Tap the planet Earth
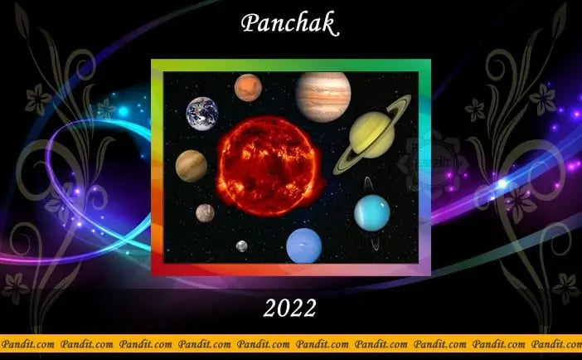[202, 113]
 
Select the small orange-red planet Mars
[248, 87]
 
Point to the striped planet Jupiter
[323, 96]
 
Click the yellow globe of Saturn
[372, 134]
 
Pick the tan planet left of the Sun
[192, 166]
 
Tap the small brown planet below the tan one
[205, 213]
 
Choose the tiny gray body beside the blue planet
[241, 246]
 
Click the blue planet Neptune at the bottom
[303, 246]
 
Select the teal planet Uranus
[372, 212]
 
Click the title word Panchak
[290, 24]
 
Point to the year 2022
[290, 309]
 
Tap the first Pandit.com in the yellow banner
[27, 343]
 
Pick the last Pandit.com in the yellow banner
[557, 343]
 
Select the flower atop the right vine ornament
[544, 99]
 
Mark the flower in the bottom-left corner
[15, 287]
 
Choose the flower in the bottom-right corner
[566, 287]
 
